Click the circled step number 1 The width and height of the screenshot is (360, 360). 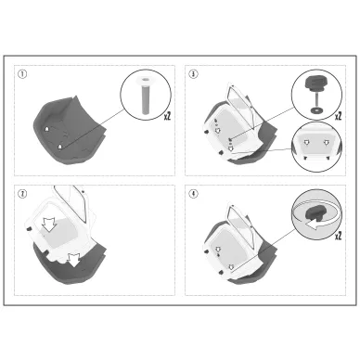(x=22, y=74)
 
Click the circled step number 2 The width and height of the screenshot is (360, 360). (x=22, y=194)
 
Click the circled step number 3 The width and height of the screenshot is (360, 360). (x=193, y=74)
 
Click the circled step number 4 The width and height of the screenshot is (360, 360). (x=193, y=194)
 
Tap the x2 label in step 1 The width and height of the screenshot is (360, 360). (x=167, y=116)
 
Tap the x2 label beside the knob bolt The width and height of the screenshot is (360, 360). (x=338, y=116)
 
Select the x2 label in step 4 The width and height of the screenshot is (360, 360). (x=338, y=236)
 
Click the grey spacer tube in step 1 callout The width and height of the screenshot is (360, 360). (x=145, y=99)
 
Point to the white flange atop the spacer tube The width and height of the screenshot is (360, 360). (x=145, y=81)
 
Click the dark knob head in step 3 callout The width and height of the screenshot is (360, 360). (x=315, y=83)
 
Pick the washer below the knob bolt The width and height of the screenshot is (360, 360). (x=315, y=109)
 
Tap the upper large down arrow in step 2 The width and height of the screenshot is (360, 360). (x=48, y=224)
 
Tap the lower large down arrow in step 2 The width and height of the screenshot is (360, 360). (x=74, y=260)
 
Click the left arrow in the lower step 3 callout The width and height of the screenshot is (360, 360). (x=306, y=142)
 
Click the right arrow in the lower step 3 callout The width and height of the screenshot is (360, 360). (x=326, y=142)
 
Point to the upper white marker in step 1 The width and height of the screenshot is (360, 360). (x=46, y=129)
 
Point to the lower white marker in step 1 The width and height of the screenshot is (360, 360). (x=60, y=147)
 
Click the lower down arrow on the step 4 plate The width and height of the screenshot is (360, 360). (x=231, y=266)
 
